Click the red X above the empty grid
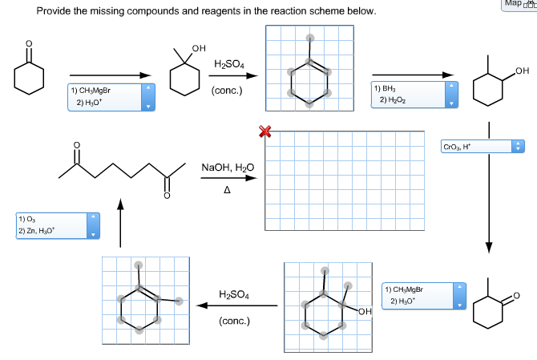tap(263, 131)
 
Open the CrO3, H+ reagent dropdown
tap(481, 147)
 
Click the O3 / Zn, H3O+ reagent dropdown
tap(55, 226)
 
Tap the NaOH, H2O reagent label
tap(228, 168)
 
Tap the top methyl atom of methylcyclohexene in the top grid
tap(310, 38)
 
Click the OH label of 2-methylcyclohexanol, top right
tap(523, 72)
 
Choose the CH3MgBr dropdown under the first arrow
tap(111, 99)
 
